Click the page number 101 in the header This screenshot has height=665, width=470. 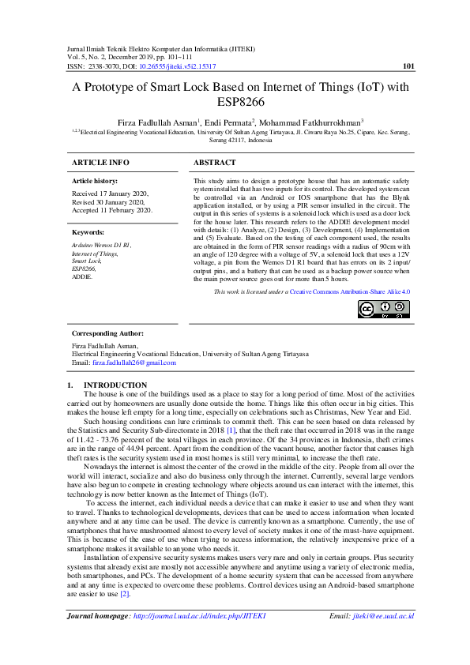pos(409,67)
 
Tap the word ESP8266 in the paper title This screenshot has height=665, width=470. pos(239,102)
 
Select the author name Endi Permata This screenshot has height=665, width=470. pos(230,122)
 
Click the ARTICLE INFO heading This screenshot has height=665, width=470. pos(100,162)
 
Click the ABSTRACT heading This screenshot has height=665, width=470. pos(215,162)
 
